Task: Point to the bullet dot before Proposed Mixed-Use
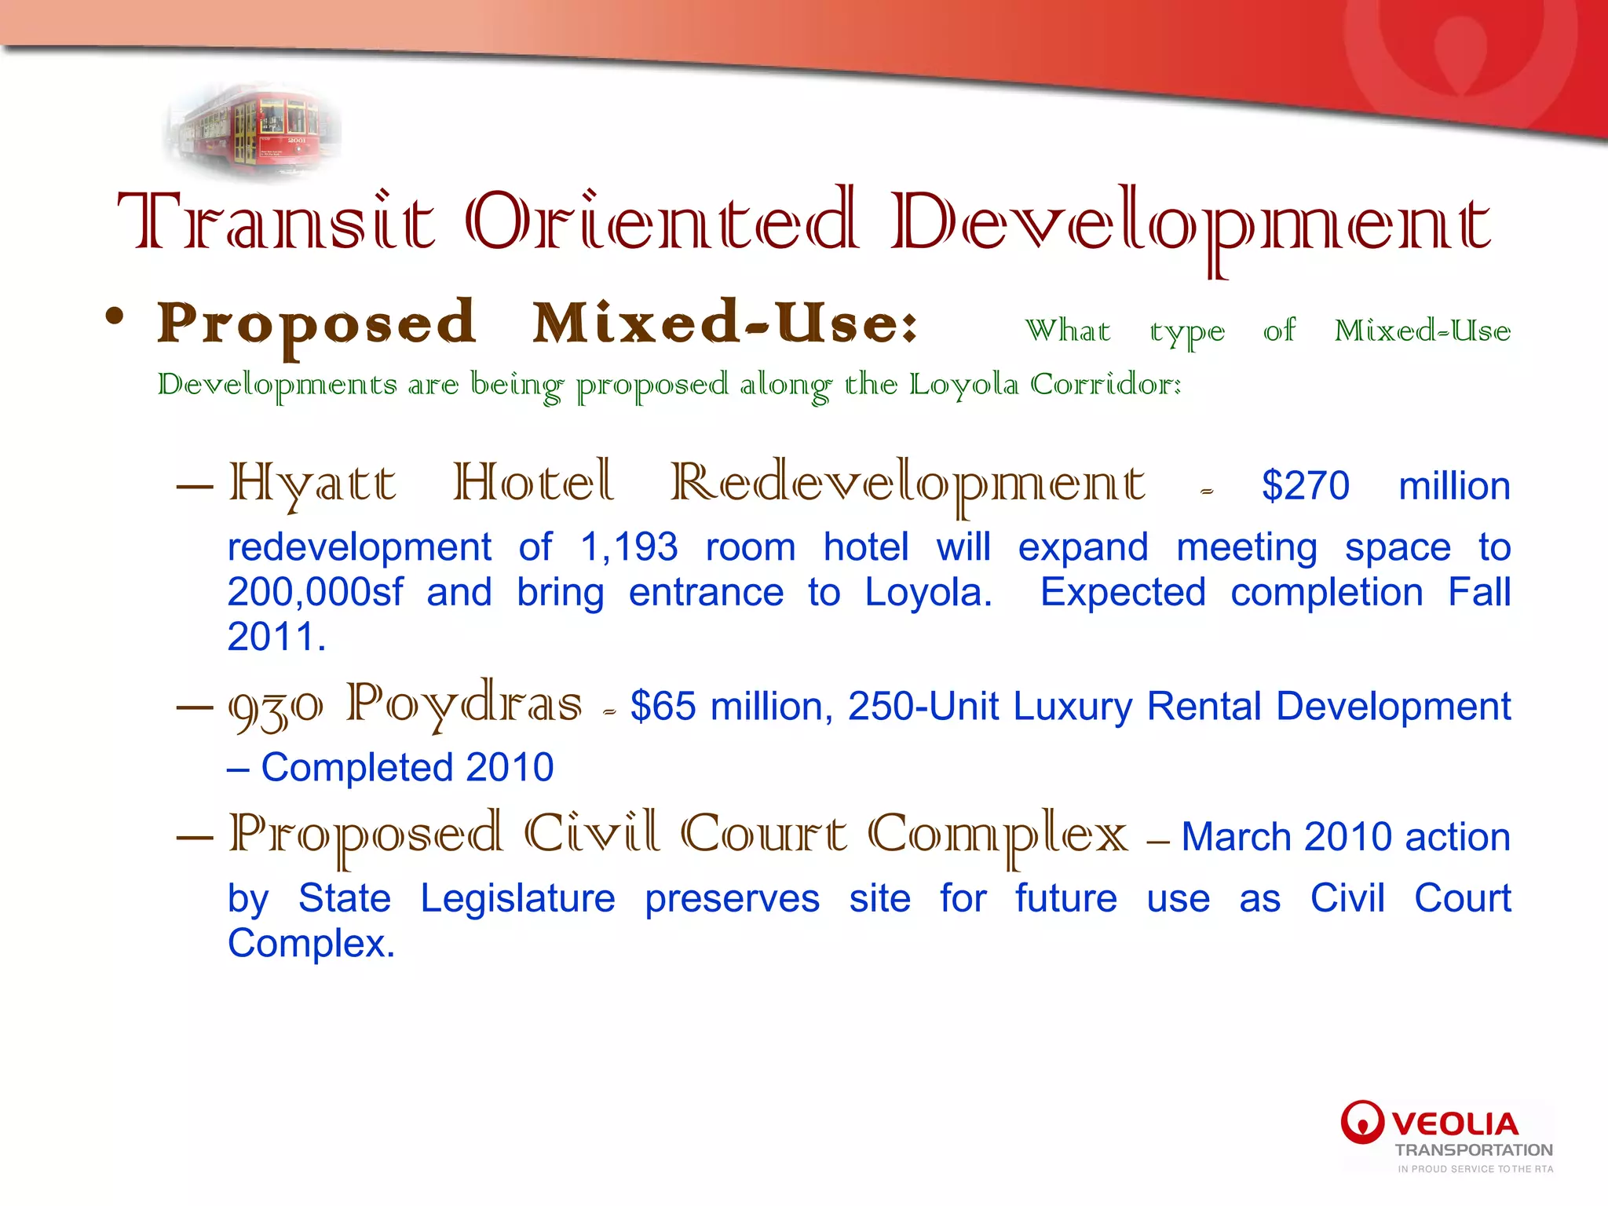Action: [115, 319]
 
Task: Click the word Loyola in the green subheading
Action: [963, 385]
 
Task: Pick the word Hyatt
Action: [312, 484]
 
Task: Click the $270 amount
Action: [1305, 486]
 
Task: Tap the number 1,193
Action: [629, 547]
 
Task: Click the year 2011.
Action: [276, 637]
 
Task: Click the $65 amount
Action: [663, 707]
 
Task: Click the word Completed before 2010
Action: [356, 768]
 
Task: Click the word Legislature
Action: [517, 899]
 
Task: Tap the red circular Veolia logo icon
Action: [1362, 1122]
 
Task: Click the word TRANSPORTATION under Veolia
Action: [1474, 1150]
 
